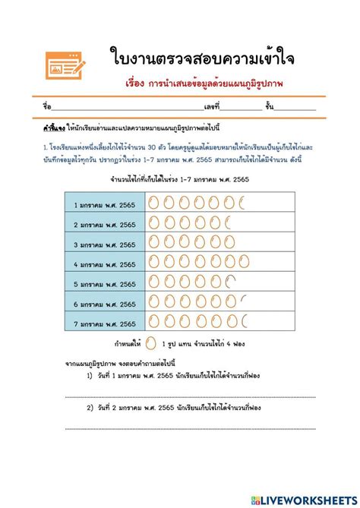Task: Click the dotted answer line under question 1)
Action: (190, 396)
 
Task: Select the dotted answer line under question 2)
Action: (190, 429)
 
